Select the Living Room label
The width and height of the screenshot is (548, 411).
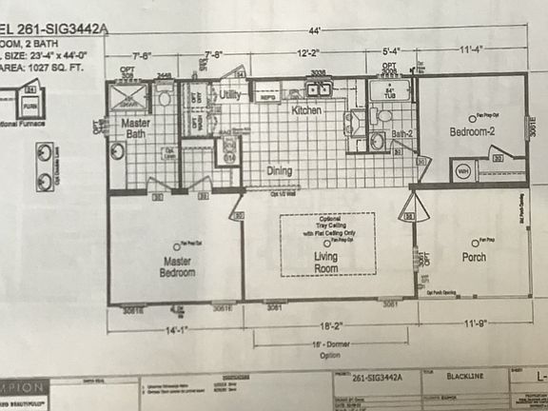pos(326,263)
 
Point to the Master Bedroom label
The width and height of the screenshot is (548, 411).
pos(178,266)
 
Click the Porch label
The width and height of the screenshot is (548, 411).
pos(473,257)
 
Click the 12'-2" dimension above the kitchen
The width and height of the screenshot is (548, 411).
pos(306,55)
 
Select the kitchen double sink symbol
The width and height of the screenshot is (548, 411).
pos(319,89)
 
